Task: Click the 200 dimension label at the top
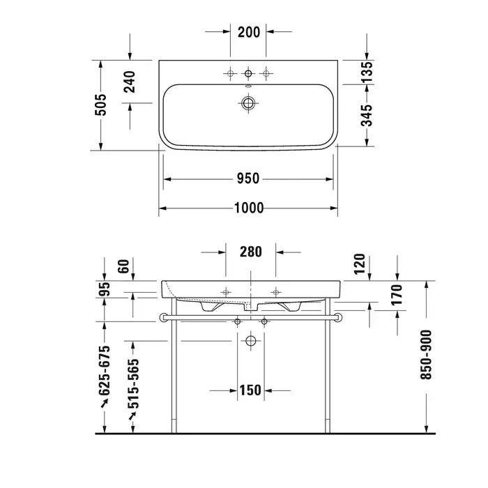point(249,32)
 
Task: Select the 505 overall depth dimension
point(100,105)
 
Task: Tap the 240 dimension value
point(130,82)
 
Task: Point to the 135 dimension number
point(367,73)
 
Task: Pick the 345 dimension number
point(367,116)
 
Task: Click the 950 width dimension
point(248,178)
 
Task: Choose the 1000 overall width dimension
point(249,208)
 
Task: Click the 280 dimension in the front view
point(251,252)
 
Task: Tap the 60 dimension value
point(123,266)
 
